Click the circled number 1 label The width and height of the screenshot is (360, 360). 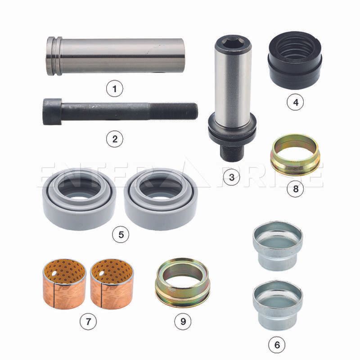click(115, 89)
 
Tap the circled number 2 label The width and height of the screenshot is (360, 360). click(115, 139)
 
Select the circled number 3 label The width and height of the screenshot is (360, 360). click(232, 177)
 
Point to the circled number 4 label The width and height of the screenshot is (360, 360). click(296, 102)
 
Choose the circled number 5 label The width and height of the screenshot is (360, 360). click(121, 234)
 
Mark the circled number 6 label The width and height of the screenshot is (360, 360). click(277, 345)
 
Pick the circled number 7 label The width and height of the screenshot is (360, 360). click(88, 321)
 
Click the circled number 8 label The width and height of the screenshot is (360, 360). click(296, 189)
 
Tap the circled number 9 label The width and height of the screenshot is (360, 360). click(183, 321)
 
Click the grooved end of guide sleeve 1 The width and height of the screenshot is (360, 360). click(54, 56)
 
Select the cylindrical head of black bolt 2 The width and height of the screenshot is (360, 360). click(52, 112)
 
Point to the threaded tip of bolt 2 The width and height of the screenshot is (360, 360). click(174, 111)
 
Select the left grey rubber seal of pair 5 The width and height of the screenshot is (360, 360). click(80, 199)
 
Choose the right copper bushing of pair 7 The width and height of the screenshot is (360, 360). click(112, 284)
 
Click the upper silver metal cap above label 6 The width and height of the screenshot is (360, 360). click(278, 246)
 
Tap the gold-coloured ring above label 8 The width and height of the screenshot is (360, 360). click(295, 155)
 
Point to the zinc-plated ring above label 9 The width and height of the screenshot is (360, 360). click(183, 283)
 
